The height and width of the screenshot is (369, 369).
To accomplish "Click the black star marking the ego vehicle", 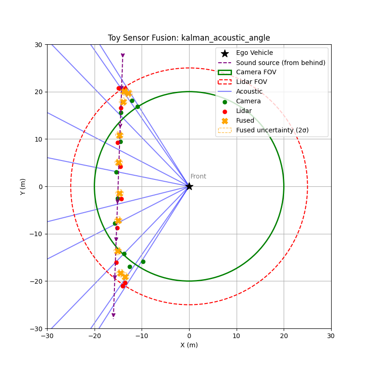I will [x=189, y=186].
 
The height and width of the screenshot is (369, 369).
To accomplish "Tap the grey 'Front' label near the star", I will [x=198, y=177].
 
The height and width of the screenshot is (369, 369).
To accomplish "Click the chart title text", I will [x=189, y=38].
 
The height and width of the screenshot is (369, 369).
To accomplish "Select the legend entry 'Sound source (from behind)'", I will [x=280, y=63].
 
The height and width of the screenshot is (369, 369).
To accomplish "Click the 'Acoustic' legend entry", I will [x=249, y=92].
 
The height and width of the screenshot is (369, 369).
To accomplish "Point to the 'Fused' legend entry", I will [x=245, y=120].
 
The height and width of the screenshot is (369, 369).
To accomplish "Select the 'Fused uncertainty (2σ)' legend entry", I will [x=272, y=130].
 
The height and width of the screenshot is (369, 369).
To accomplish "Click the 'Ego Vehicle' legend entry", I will [x=254, y=53].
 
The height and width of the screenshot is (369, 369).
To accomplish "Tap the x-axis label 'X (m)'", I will [x=189, y=345].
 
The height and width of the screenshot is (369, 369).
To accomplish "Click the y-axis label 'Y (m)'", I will [x=23, y=186].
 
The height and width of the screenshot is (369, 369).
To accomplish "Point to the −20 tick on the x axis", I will [x=95, y=335].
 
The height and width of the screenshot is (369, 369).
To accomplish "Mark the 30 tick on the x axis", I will [x=331, y=335].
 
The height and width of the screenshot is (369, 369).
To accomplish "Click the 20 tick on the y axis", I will [x=39, y=92].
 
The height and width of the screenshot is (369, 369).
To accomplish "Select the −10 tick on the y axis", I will [x=37, y=234].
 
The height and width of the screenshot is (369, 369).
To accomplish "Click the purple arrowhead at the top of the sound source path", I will [x=123, y=55].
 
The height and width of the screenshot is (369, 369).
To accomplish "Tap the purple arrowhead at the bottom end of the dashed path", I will [x=113, y=315].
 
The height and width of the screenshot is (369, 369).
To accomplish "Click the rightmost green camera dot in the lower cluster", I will [x=143, y=262].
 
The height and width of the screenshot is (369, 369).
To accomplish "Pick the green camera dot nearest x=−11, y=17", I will [x=137, y=107].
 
